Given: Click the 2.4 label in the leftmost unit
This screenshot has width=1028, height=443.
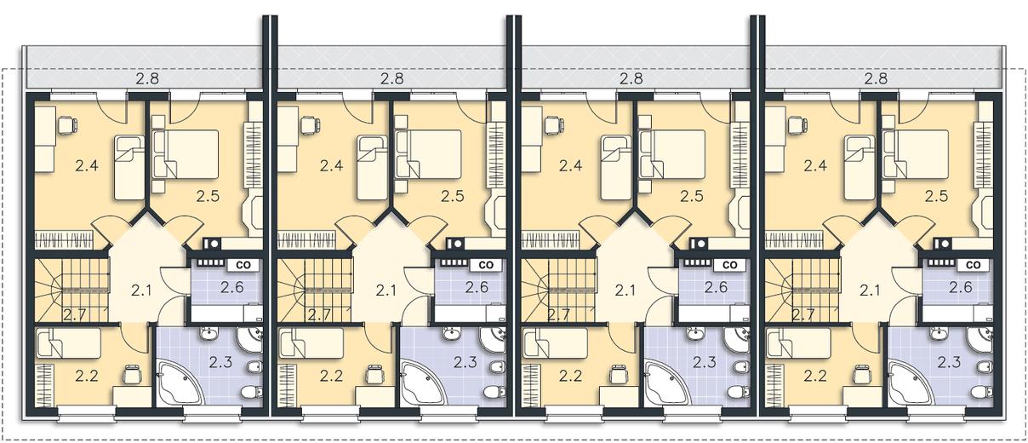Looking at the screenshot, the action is click(87, 165).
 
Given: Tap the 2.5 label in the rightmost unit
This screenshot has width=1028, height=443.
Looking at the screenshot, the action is click(936, 196).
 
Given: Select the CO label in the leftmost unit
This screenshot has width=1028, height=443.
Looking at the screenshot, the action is click(242, 265).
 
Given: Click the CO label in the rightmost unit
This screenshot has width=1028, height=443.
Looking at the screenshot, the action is click(973, 265).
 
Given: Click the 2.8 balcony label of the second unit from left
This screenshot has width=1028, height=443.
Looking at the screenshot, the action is click(392, 79).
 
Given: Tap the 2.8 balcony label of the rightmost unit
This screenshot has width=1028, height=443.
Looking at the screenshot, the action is click(876, 79).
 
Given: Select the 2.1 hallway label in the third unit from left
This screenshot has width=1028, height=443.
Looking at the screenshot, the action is click(625, 291).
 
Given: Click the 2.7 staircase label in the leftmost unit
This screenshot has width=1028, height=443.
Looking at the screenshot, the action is click(74, 315).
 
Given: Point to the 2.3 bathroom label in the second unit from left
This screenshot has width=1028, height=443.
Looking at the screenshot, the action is click(465, 362).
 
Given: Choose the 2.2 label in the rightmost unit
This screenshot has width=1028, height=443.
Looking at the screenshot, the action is click(815, 377).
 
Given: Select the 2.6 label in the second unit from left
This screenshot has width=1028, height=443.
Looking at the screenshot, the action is click(477, 287).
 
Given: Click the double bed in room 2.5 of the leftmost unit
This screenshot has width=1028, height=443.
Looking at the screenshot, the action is click(186, 154).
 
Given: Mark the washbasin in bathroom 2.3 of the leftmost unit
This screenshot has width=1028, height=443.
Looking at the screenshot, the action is click(209, 334).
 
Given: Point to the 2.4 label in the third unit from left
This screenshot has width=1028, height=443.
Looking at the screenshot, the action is click(570, 165).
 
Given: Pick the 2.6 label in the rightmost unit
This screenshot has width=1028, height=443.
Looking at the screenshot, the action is click(961, 287).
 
